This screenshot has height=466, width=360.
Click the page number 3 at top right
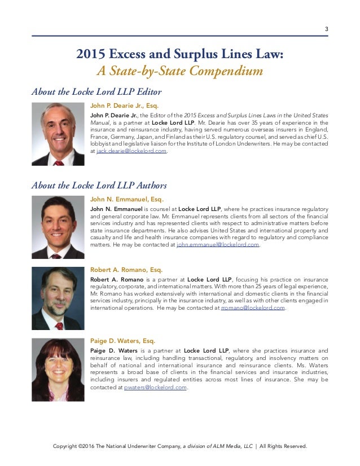(x=326, y=29)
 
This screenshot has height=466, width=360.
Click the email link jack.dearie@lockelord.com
(x=132, y=151)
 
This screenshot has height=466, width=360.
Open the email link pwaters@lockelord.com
(x=155, y=388)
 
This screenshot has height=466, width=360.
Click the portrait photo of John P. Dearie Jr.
(x=58, y=134)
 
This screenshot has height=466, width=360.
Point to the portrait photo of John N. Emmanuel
(x=58, y=227)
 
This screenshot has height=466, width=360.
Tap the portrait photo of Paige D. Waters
(x=58, y=370)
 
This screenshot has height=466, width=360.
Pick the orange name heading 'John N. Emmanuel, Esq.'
(x=126, y=199)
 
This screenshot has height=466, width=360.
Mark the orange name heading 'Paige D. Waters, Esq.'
(x=122, y=341)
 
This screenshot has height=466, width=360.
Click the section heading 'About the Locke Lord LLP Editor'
(x=96, y=92)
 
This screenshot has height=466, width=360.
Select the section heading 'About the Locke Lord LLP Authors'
(x=99, y=185)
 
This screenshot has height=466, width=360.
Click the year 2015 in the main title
(x=91, y=55)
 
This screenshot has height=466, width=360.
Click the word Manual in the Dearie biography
(x=100, y=122)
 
